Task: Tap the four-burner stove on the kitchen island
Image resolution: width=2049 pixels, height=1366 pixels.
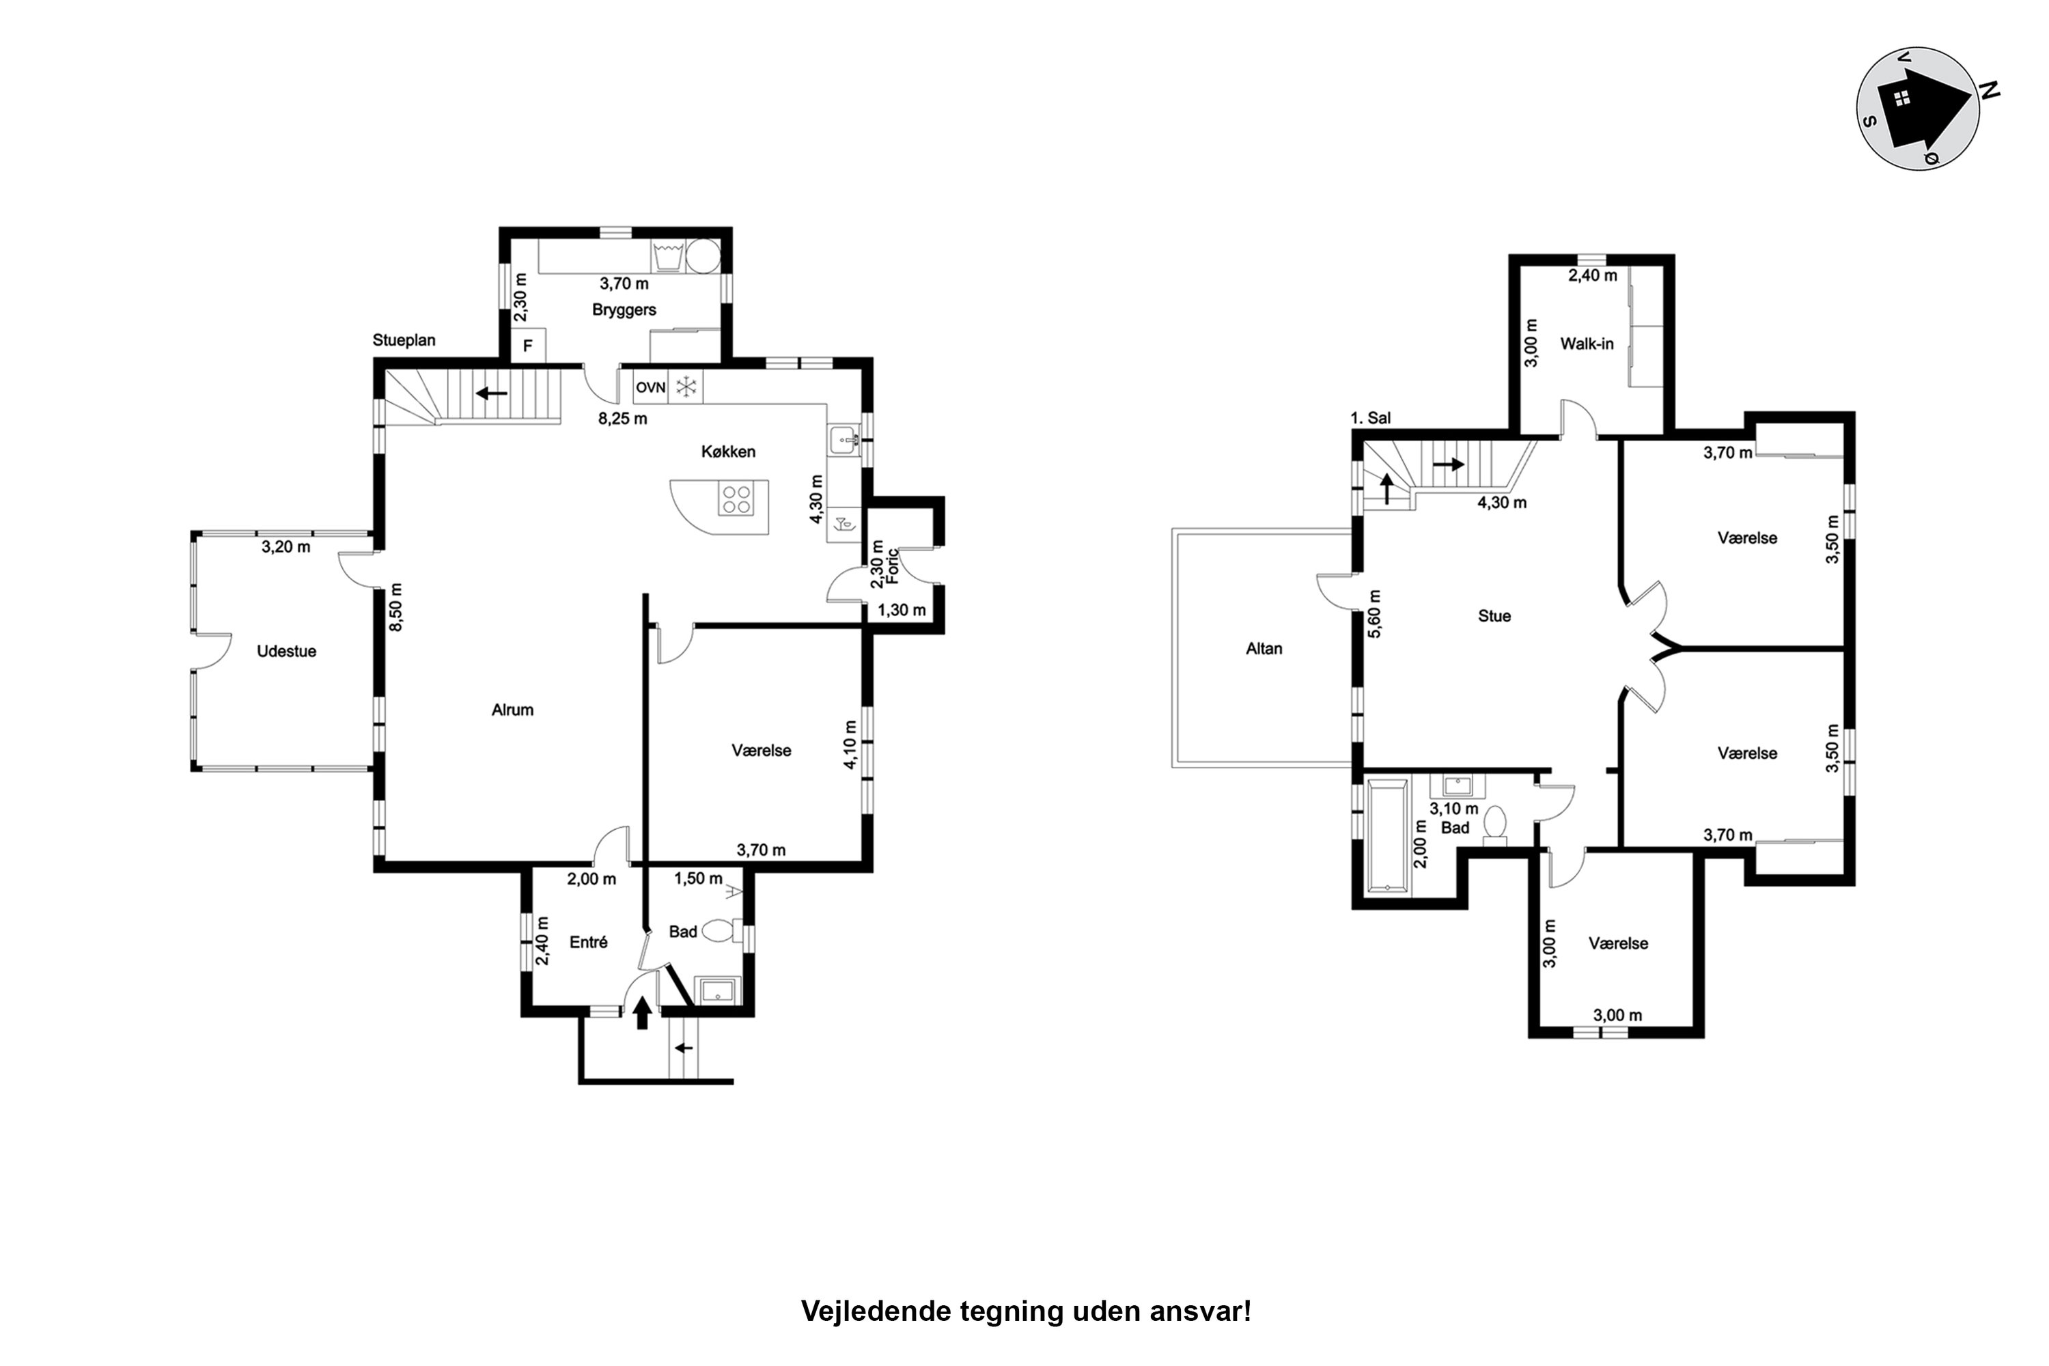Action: point(736,499)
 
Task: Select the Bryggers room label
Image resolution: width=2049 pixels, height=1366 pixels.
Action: point(624,309)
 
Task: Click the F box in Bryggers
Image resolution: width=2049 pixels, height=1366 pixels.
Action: point(527,346)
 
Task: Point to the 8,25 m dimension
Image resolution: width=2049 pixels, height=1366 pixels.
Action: point(622,418)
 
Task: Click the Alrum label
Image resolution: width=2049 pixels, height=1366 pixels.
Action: point(512,710)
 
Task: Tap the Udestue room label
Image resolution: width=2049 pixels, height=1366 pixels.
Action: point(287,651)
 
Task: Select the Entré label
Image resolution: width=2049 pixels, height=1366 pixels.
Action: point(588,942)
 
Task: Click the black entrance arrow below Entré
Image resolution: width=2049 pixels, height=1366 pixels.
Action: point(642,1013)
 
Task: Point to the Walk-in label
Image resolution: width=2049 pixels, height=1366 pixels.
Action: point(1587,344)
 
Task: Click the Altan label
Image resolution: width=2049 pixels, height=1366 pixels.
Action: point(1264,648)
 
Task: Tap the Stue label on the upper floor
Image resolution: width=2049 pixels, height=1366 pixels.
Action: point(1494,616)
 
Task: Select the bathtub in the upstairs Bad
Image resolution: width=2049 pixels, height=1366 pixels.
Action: point(1388,836)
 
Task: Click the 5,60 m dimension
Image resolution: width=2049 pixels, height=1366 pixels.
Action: point(1375,614)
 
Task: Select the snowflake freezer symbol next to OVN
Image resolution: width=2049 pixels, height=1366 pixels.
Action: point(686,387)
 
